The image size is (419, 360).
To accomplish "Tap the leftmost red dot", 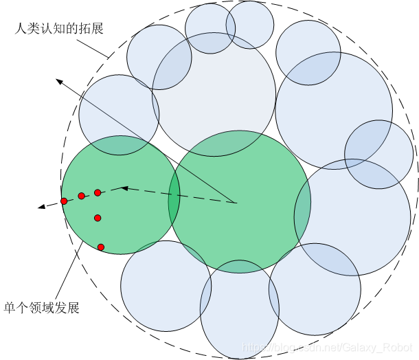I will (x=64, y=201).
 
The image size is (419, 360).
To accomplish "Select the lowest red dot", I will (x=101, y=247).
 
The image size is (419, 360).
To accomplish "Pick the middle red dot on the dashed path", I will (x=81, y=196).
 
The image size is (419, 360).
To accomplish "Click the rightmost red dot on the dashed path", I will (x=98, y=192).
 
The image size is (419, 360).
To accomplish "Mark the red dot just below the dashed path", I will (x=98, y=218).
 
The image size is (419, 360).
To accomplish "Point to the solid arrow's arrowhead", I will (x=60, y=82).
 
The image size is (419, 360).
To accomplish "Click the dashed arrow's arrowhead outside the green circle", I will (x=43, y=206).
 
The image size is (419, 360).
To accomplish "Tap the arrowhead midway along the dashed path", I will (x=124, y=187).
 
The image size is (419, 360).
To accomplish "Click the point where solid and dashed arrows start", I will (x=236, y=203).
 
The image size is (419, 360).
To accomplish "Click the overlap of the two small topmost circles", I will (x=231, y=27).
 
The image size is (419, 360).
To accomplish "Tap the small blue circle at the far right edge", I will (x=379, y=154).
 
